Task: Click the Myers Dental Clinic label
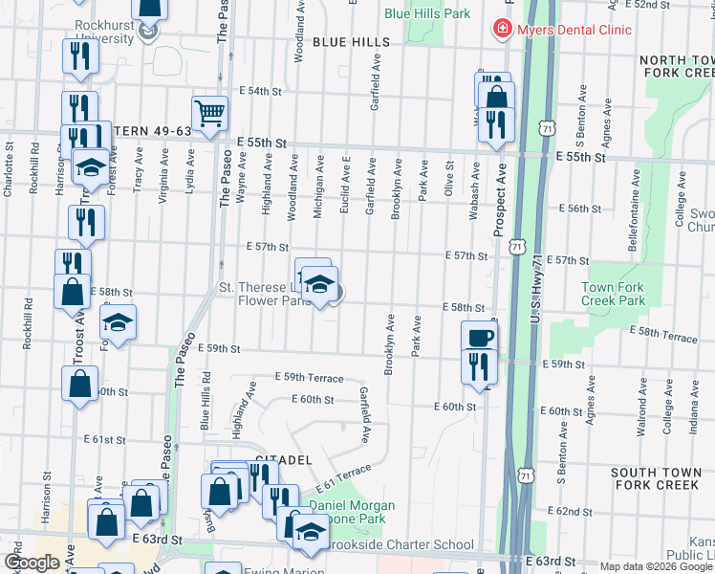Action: click(574, 30)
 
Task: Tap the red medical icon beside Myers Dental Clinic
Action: click(501, 30)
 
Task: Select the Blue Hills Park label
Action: click(427, 14)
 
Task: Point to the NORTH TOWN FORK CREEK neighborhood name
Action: click(672, 65)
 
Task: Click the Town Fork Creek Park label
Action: click(613, 294)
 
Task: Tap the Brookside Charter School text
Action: click(400, 545)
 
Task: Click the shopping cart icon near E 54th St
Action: click(209, 113)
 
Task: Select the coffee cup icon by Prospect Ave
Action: click(479, 337)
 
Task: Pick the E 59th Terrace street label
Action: click(309, 379)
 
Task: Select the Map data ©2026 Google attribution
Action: click(656, 566)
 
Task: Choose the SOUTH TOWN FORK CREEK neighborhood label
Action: click(656, 479)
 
